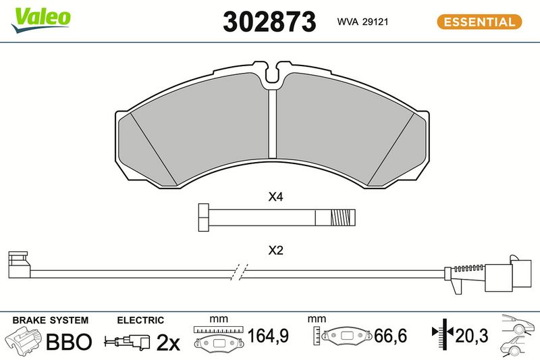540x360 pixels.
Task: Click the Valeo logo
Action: (x=41, y=20)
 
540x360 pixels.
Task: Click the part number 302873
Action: (x=269, y=22)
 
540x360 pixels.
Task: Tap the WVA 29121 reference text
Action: (x=362, y=22)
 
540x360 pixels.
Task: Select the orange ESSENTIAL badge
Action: (x=479, y=22)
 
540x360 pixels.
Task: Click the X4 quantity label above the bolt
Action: (x=275, y=197)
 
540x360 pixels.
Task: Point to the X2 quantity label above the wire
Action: (x=275, y=250)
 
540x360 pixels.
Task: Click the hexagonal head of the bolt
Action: (x=204, y=217)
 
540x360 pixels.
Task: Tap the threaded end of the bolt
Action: (x=343, y=217)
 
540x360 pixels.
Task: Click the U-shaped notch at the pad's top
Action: (x=272, y=73)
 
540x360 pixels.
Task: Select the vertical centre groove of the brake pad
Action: (x=273, y=124)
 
